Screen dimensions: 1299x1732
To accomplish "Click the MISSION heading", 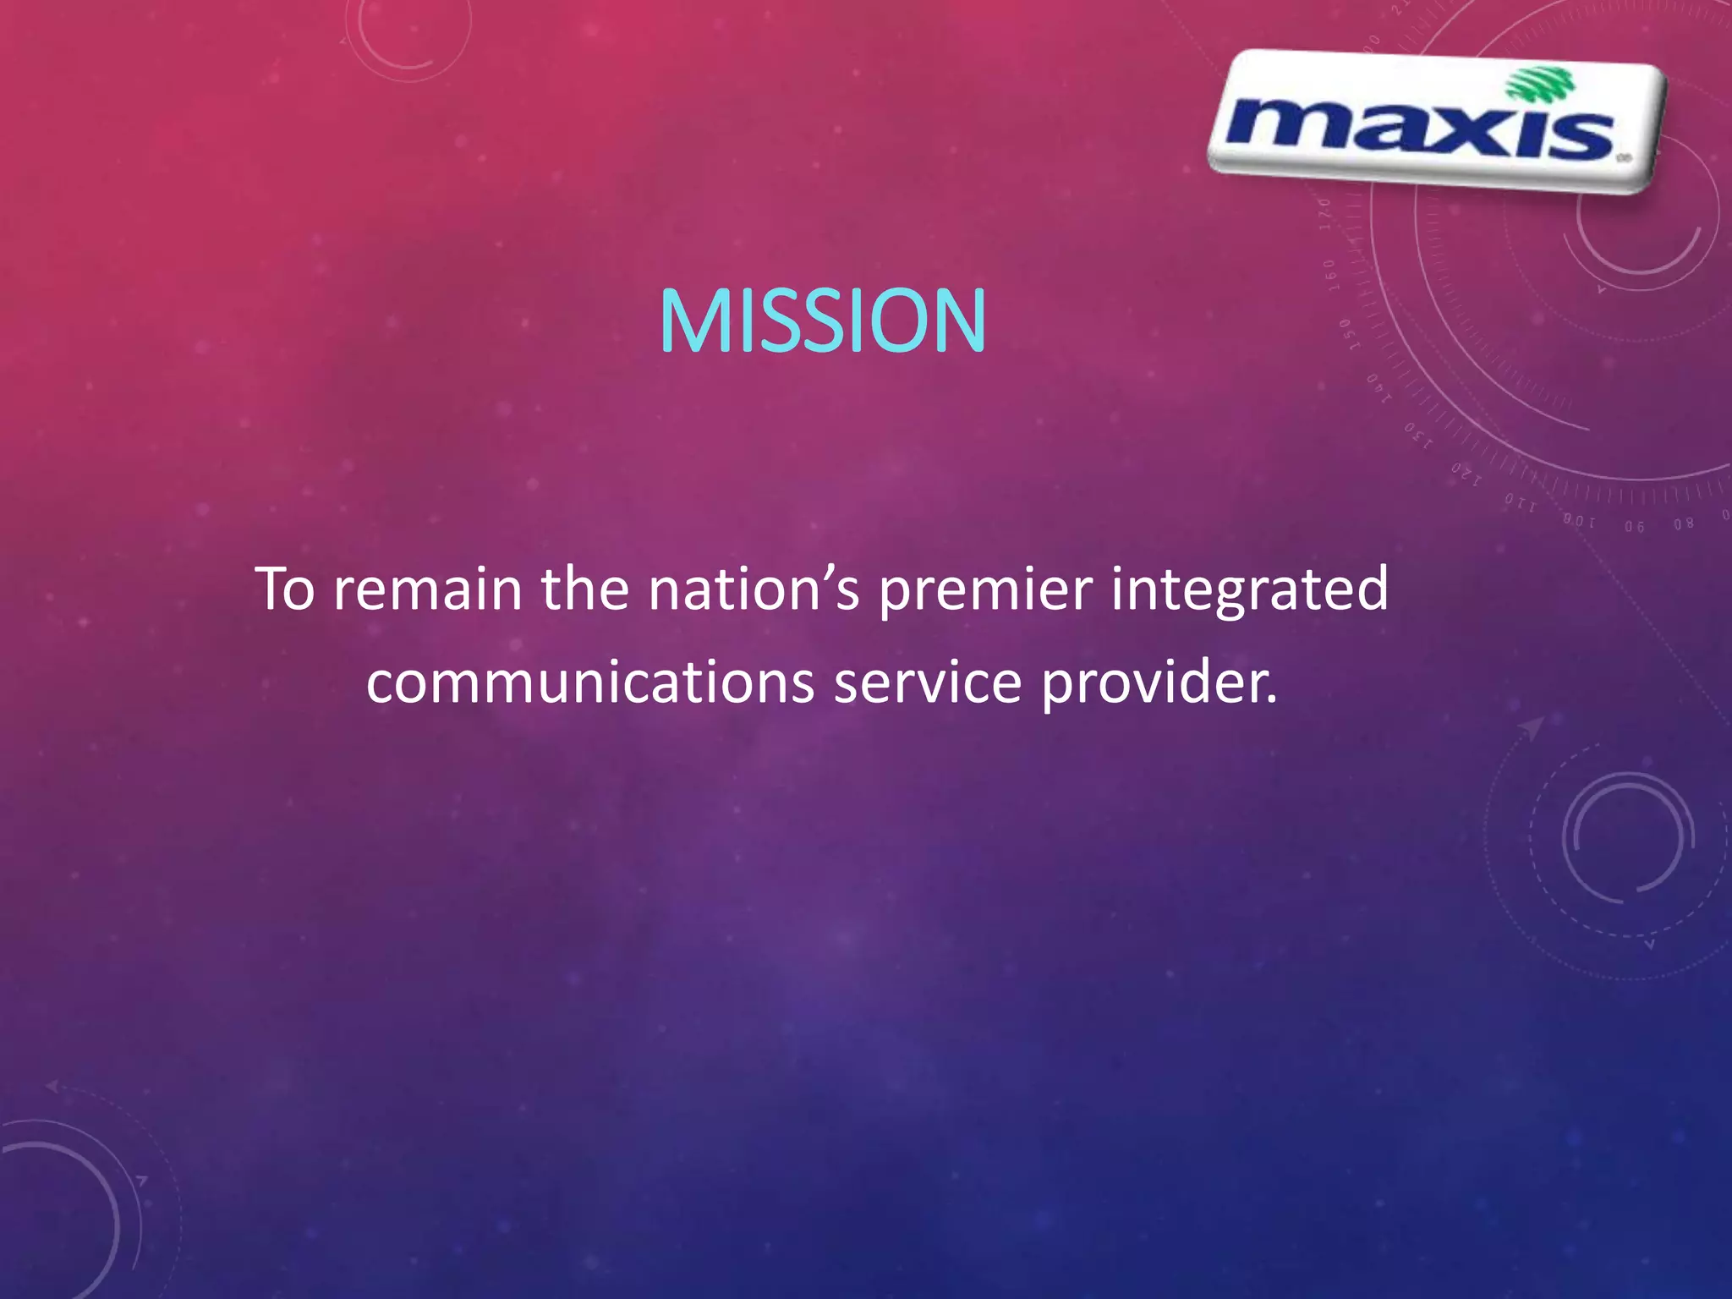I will [822, 321].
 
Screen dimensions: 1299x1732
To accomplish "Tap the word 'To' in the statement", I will [286, 589].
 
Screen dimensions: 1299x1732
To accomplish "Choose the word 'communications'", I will [590, 682].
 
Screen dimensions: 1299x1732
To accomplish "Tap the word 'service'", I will [928, 682].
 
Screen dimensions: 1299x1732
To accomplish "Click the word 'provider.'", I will [1159, 683].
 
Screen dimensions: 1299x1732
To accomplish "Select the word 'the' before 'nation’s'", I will [585, 589].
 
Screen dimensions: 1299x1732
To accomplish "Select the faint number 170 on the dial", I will [1325, 213].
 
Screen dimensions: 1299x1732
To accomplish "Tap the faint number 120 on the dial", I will [1466, 474].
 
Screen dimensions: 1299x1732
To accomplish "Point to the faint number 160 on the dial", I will [1329, 274].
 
